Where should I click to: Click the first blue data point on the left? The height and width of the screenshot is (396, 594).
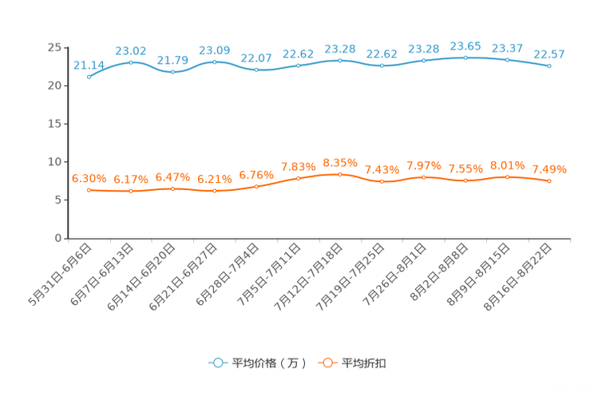[x=89, y=77]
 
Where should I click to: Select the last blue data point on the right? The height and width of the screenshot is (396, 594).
[x=549, y=65]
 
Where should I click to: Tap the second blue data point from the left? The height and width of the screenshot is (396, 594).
[x=131, y=61]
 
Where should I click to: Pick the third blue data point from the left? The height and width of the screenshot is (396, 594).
[x=172, y=72]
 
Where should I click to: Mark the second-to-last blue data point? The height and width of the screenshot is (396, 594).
[x=507, y=60]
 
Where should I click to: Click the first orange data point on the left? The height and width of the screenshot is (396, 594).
[x=89, y=189]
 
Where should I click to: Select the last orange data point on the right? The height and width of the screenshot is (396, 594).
[x=549, y=181]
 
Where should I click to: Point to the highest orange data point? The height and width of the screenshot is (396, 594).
[x=340, y=174]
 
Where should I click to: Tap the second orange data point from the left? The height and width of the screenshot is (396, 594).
[x=131, y=191]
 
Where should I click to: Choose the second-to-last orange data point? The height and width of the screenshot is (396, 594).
[x=507, y=176]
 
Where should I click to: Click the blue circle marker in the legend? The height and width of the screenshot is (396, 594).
[x=217, y=362]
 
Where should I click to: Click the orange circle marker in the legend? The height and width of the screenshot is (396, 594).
[x=326, y=362]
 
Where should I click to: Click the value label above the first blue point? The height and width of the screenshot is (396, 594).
[x=88, y=65]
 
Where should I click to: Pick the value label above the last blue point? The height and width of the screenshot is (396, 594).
[x=549, y=53]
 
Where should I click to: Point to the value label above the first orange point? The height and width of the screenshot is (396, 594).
[x=89, y=178]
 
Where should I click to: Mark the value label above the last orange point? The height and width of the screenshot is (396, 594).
[x=549, y=169]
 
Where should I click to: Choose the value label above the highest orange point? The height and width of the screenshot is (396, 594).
[x=340, y=162]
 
